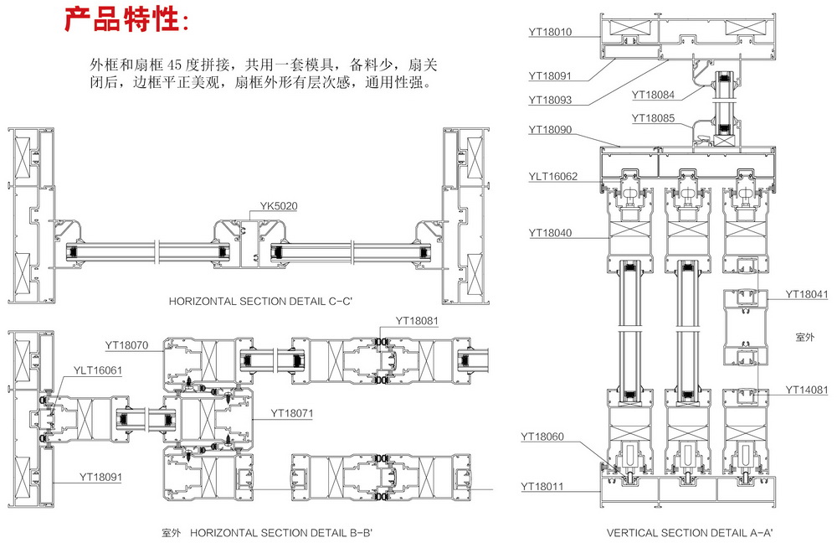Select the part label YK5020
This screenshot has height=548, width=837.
tap(279, 205)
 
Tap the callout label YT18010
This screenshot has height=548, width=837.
tap(550, 33)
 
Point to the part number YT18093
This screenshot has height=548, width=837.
tap(550, 100)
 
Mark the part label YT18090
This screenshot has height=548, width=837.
tap(550, 130)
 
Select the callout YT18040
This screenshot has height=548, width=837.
tap(550, 233)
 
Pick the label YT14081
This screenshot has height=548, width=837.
tap(807, 390)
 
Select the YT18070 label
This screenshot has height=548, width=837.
tap(126, 344)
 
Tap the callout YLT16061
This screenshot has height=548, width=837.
tap(97, 370)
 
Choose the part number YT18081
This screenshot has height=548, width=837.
tap(417, 320)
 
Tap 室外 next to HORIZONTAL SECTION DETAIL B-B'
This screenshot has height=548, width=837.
tap(173, 532)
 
